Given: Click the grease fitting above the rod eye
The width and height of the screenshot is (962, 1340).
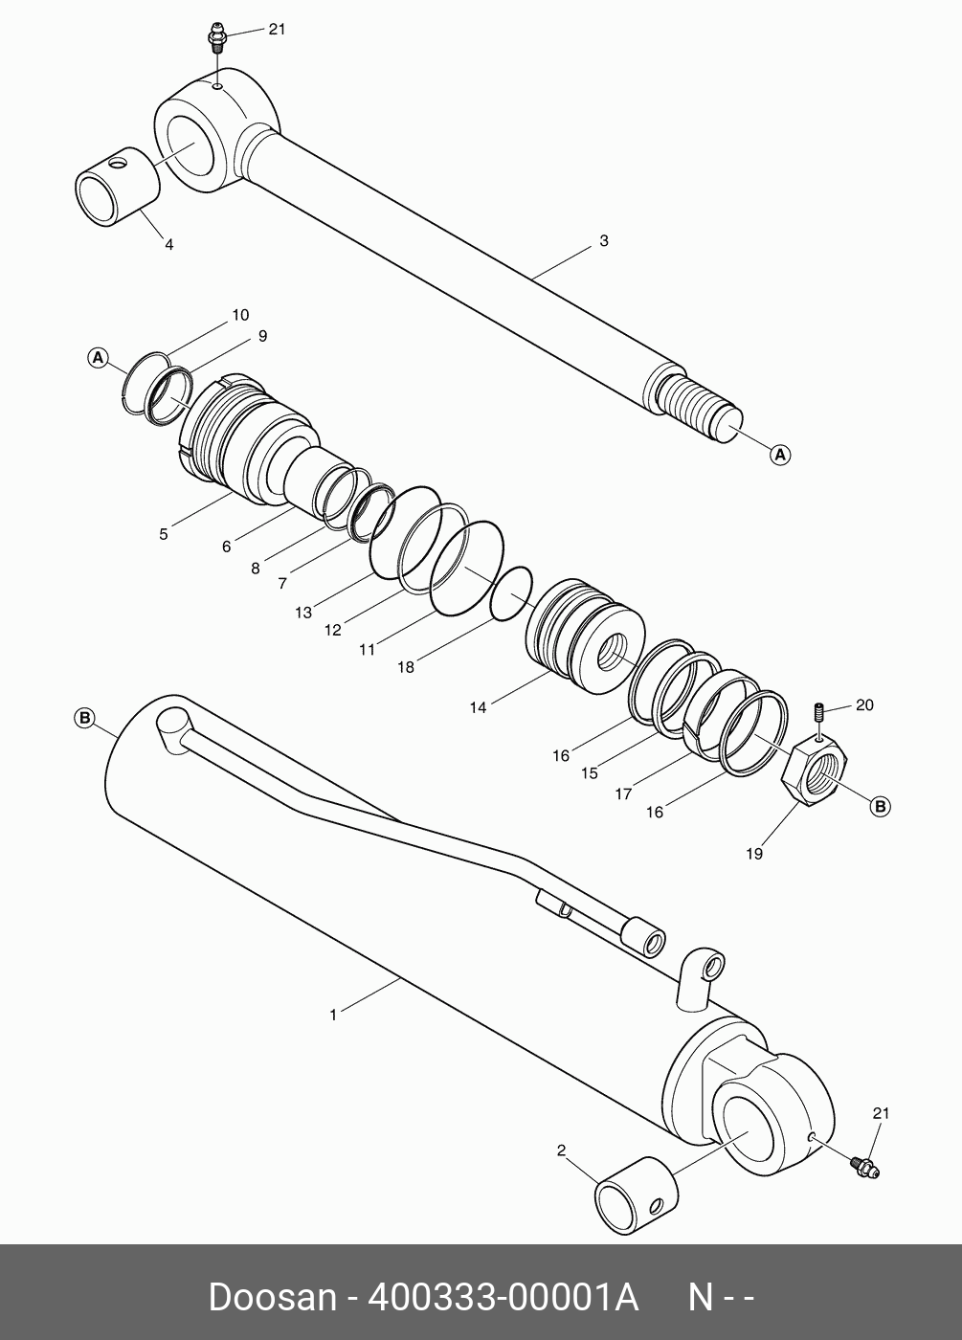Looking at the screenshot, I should coord(216,40).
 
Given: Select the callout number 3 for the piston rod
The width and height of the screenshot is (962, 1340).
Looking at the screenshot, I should coord(603,241).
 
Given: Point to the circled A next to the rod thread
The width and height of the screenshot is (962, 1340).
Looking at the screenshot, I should coord(780,455).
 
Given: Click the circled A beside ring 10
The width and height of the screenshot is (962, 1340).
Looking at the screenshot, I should coord(97,358).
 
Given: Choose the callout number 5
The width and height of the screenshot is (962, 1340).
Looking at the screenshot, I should coord(164,534).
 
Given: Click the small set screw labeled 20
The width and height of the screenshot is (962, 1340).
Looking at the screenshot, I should coord(820,714).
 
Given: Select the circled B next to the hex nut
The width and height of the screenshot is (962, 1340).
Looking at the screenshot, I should coord(880,807).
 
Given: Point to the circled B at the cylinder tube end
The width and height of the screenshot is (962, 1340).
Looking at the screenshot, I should coord(84,718).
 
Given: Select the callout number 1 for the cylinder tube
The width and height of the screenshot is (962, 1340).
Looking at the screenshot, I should coord(333,1015).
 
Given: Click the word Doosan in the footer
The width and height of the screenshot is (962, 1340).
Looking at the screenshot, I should coord(272,1298).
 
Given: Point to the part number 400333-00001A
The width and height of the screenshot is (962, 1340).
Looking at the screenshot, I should coord(503,1298).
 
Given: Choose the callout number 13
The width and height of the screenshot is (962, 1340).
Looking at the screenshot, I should coord(303,613).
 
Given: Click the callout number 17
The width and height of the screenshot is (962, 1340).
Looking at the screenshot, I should coord(624,793).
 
